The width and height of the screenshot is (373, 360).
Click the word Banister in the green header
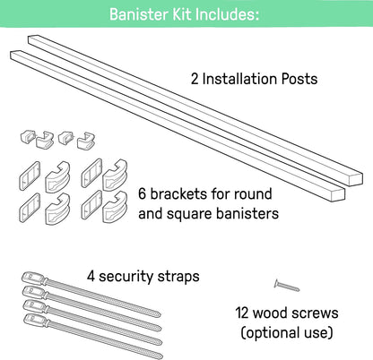tap(139, 14)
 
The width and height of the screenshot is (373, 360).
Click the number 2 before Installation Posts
tap(195, 79)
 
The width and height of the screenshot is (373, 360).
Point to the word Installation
tap(240, 79)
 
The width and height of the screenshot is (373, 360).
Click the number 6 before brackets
tap(143, 194)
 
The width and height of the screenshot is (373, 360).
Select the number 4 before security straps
tap(91, 276)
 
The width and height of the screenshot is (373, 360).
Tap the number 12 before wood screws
tap(242, 313)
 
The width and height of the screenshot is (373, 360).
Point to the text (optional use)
tap(287, 333)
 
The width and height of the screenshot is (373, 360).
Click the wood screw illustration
tap(286, 286)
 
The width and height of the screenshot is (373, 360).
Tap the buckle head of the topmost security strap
tap(34, 278)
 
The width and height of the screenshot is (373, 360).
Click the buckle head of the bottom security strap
tap(36, 320)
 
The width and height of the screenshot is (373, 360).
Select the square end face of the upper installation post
tap(356, 179)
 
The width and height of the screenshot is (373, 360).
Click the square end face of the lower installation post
tap(338, 194)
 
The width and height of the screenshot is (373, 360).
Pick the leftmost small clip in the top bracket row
tap(28, 136)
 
